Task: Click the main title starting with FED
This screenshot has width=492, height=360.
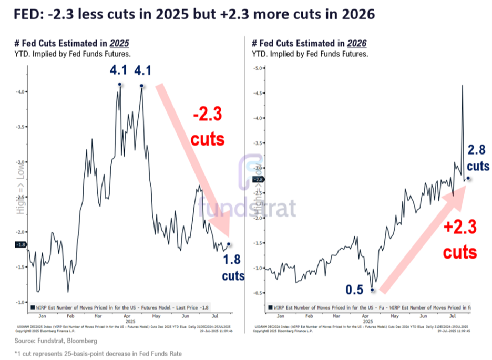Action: [x=192, y=14]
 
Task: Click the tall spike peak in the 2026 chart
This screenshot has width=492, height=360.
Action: [x=462, y=85]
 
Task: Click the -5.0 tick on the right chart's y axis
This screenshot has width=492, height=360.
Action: [x=258, y=68]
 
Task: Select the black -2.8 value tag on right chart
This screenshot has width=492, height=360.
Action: [x=258, y=179]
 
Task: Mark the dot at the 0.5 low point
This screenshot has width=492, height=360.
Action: [x=372, y=289]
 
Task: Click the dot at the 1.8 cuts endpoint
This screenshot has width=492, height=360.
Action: [x=228, y=244]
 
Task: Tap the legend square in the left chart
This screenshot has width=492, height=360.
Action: [x=33, y=307]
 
